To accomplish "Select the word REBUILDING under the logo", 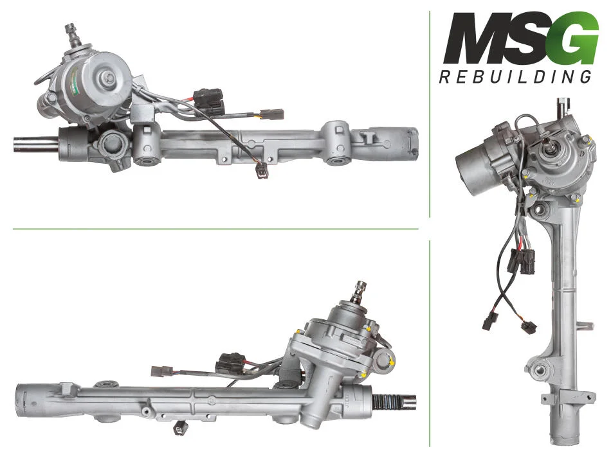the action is (515, 76).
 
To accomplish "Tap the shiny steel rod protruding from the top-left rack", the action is (36, 145).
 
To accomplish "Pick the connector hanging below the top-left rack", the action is (262, 171).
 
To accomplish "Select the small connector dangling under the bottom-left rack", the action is (179, 428).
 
